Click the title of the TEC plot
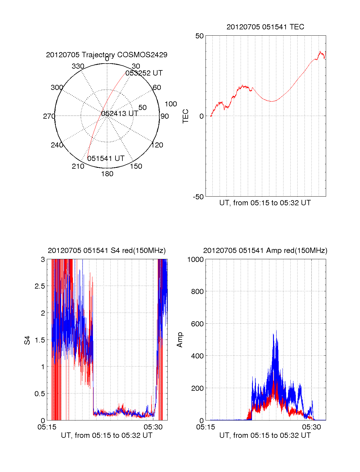(x=265, y=27)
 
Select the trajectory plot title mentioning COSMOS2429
(x=106, y=55)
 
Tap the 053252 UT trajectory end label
(x=144, y=73)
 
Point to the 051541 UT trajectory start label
(x=106, y=159)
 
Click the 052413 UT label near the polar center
(x=120, y=114)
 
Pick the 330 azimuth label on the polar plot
(x=78, y=66)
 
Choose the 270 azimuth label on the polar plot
(x=49, y=116)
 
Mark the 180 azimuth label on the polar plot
(x=107, y=174)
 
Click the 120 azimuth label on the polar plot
(x=157, y=145)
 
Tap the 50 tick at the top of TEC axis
(x=199, y=36)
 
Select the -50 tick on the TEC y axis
(x=198, y=197)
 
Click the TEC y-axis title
(x=186, y=116)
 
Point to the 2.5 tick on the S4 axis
(x=40, y=286)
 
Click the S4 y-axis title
(x=28, y=340)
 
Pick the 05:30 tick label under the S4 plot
(x=153, y=427)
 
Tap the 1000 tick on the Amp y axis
(x=195, y=260)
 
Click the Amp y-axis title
(x=180, y=340)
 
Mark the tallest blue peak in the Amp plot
(x=276, y=331)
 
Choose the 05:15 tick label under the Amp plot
(x=205, y=427)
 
